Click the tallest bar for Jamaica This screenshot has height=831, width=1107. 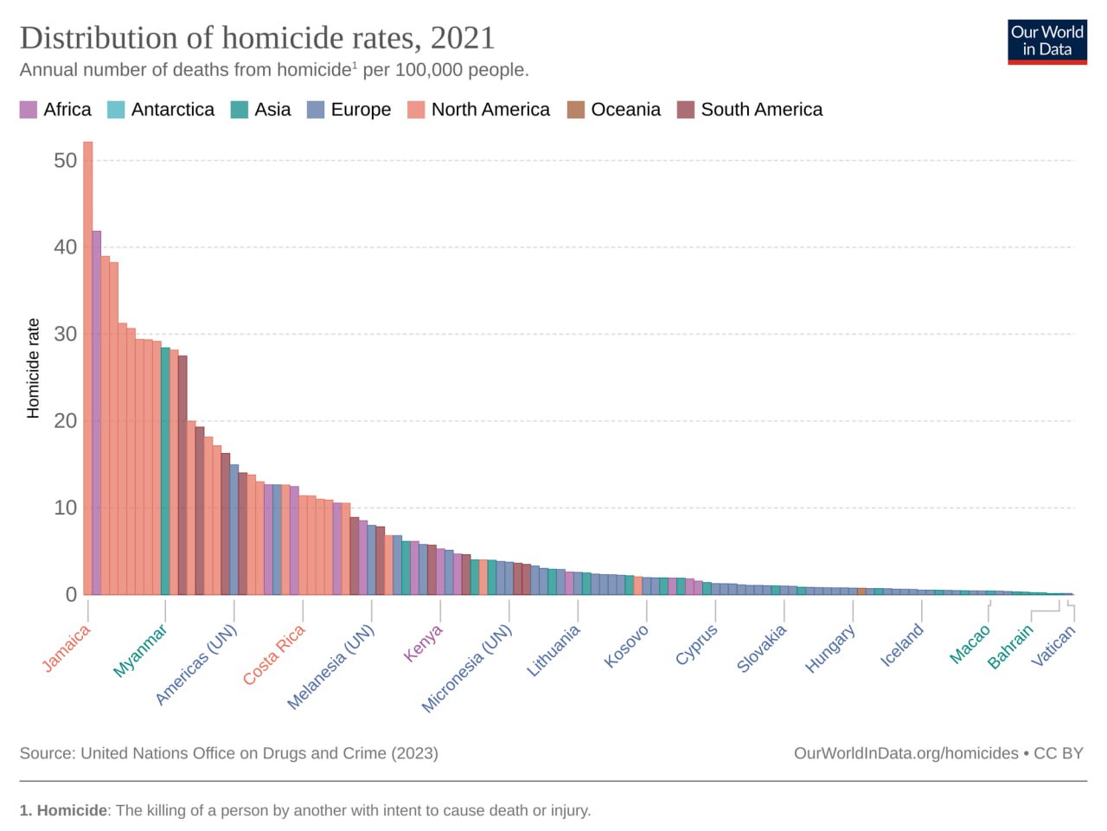(x=87, y=368)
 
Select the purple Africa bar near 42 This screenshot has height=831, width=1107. (x=96, y=412)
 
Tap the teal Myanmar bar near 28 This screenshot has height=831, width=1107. (x=165, y=471)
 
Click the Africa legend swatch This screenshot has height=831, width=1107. (x=29, y=110)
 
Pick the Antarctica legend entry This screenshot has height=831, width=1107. (x=161, y=110)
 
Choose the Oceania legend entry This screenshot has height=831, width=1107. (x=614, y=110)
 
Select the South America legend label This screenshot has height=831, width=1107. (x=762, y=110)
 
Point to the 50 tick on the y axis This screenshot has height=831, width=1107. (x=66, y=160)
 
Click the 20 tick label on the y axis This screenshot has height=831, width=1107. (x=66, y=420)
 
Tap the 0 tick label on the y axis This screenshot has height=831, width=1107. (x=72, y=595)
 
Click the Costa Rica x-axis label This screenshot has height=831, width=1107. (x=274, y=655)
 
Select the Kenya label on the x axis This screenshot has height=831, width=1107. (x=423, y=642)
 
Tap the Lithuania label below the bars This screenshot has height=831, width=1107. (x=553, y=650)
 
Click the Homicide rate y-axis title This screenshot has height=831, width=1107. (x=33, y=368)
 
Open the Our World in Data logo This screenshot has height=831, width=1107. (x=1047, y=42)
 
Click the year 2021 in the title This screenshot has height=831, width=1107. (x=463, y=38)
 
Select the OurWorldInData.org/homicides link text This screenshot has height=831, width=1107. (x=905, y=753)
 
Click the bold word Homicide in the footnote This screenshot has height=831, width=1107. (x=72, y=810)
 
